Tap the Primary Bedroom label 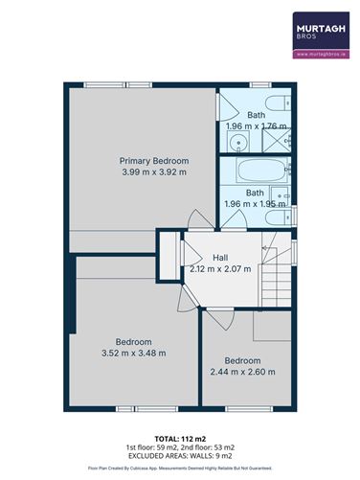pos(153,160)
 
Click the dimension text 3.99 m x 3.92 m pos(153,172)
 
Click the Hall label pos(220,257)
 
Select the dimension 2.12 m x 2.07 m pos(220,269)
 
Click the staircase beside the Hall pos(277,283)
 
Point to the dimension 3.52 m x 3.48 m pos(133,354)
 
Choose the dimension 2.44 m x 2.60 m pos(242,372)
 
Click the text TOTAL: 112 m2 pos(179,437)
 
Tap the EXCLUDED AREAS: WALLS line pos(179,456)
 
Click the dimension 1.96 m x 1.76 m pos(256,126)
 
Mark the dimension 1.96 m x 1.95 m pos(256,204)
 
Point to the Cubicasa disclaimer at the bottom pos(179,469)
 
